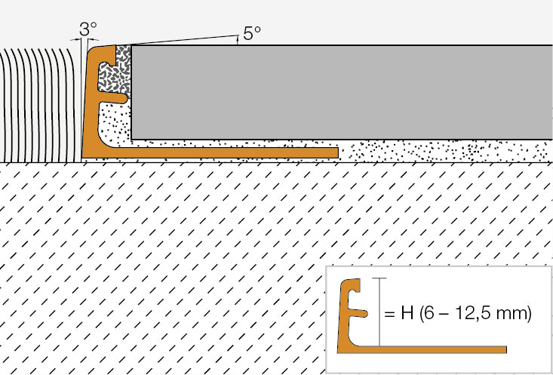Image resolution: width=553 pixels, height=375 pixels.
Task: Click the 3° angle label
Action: pyautogui.click(x=88, y=29)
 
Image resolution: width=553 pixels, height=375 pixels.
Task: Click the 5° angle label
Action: pyautogui.click(x=252, y=33)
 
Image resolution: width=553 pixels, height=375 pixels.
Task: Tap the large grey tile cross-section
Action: pyautogui.click(x=342, y=92)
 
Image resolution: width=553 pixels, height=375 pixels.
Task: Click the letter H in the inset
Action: pyautogui.click(x=407, y=313)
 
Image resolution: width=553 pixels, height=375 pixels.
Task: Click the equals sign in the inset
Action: pyautogui.click(x=389, y=314)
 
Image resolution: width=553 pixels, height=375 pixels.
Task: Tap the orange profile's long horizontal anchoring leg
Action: pyautogui.click(x=219, y=152)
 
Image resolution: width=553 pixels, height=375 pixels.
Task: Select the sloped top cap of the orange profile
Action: pyautogui.click(x=103, y=49)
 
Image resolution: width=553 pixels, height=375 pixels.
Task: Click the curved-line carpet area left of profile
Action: pyautogui.click(x=38, y=105)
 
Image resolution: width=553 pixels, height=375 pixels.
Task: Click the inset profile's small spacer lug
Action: pyautogui.click(x=359, y=313)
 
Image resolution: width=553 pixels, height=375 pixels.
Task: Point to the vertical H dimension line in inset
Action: pyautogui.click(x=379, y=312)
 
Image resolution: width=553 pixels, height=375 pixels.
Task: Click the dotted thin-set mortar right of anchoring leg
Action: pyautogui.click(x=445, y=151)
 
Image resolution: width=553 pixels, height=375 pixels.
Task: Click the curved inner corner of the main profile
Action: pyautogui.click(x=105, y=143)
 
